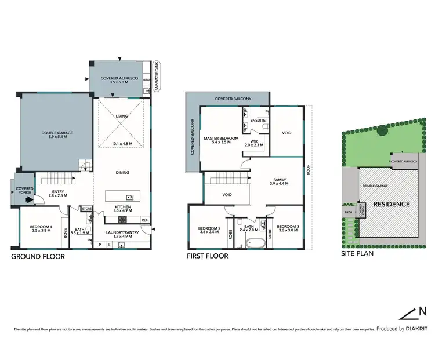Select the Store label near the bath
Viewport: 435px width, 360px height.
87,208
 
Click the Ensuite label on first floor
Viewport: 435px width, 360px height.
258,121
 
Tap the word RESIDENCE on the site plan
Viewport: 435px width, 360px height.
391,204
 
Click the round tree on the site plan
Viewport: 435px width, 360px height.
382,131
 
